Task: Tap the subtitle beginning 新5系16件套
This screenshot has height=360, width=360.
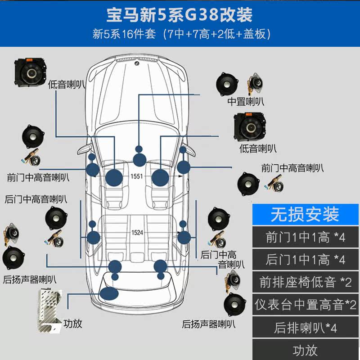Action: pos(180,34)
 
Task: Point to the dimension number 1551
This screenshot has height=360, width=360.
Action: pos(136,176)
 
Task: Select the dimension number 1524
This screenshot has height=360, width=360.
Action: pos(137,233)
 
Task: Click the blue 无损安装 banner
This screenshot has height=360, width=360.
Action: pos(305,215)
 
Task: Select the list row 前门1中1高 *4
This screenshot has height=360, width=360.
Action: pos(305,237)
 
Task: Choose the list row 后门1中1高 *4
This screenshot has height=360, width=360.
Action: pos(305,260)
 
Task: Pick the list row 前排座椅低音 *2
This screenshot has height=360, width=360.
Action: pos(305,282)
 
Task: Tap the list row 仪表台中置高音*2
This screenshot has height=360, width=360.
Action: pos(305,305)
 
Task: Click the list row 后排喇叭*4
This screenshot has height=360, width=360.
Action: pos(305,328)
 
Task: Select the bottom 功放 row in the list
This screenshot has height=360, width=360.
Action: pos(305,350)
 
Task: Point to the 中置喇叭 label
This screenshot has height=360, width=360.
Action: pos(246,102)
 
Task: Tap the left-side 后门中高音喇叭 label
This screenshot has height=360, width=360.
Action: pos(36,198)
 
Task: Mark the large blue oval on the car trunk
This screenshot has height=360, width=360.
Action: pos(109,294)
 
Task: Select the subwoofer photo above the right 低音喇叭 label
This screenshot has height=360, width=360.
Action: pos(251,126)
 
